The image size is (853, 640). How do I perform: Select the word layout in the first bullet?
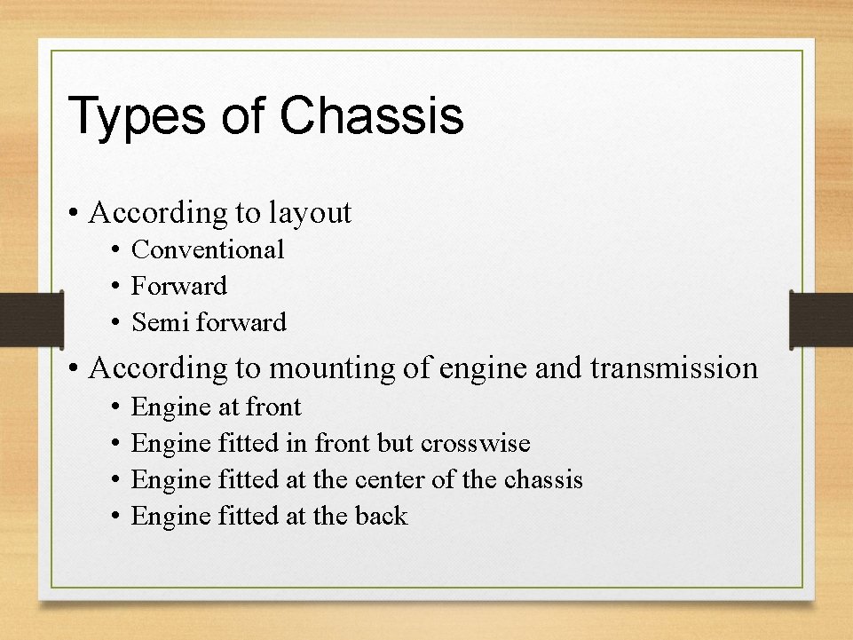pyautogui.click(x=310, y=214)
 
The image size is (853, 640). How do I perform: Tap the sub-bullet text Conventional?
pyautogui.click(x=208, y=250)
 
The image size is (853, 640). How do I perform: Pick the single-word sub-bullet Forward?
pyautogui.click(x=178, y=286)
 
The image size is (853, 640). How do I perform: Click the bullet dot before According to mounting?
pyautogui.click(x=75, y=368)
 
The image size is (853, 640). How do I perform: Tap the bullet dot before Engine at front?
pyautogui.click(x=116, y=407)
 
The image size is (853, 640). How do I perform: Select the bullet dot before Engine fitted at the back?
pyautogui.click(x=116, y=517)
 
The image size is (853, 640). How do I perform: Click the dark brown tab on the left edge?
pyautogui.click(x=31, y=320)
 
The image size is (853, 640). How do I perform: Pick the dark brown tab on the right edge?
pyautogui.click(x=821, y=320)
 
